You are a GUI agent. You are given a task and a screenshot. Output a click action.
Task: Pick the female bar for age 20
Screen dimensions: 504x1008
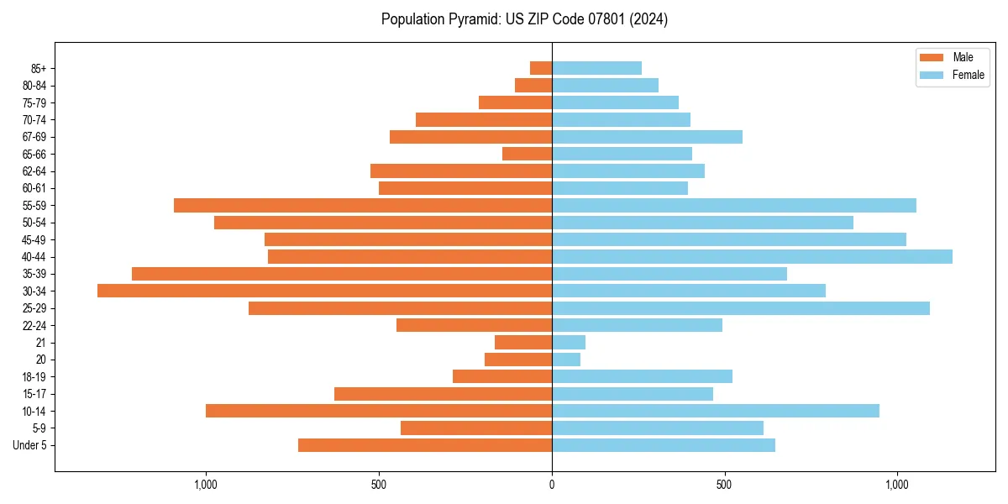566,360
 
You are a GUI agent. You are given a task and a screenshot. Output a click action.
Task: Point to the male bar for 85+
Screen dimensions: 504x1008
541,68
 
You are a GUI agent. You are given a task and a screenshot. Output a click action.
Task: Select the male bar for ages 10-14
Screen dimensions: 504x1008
379,411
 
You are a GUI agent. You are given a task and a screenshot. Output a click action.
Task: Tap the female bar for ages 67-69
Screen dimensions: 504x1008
647,137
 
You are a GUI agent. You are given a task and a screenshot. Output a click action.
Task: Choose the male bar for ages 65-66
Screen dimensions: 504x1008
527,154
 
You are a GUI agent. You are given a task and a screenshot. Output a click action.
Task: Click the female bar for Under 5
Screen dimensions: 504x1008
664,445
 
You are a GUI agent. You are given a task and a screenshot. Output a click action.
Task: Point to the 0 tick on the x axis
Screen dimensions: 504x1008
552,485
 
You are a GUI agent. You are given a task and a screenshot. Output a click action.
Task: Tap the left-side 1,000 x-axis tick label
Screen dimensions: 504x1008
206,485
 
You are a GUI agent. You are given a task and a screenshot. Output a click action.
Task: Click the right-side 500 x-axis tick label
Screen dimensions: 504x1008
725,485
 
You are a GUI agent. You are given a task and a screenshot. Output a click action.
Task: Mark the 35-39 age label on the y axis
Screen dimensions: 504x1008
34,274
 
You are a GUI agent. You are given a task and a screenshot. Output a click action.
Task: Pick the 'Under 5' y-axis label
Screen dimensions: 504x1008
29,445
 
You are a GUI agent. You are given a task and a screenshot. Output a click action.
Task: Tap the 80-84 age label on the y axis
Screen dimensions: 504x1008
34,86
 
